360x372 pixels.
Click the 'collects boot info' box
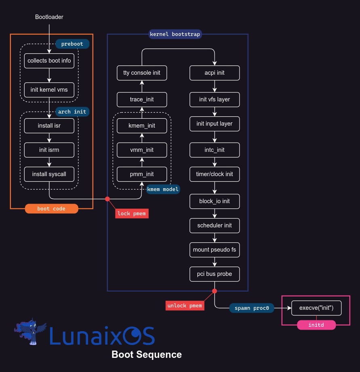tap(49, 61)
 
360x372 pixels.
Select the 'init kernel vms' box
tap(49, 90)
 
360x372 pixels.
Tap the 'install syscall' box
tap(49, 174)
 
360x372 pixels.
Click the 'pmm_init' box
tap(142, 174)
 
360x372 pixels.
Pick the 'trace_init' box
tap(142, 99)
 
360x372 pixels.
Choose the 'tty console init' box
tap(142, 73)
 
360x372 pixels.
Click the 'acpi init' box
tap(215, 73)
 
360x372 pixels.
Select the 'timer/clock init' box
tap(215, 174)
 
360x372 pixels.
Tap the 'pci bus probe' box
tap(215, 274)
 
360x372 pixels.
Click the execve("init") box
tap(316, 308)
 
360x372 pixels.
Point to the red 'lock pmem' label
tap(132, 213)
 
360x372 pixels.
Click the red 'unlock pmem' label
tap(185, 305)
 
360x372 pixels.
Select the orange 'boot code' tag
tap(51, 209)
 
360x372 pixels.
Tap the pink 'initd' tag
tap(316, 325)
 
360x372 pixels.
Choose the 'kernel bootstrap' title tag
tap(175, 34)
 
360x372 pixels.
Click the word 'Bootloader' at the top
tap(49, 17)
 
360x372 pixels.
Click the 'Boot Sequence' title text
tap(147, 355)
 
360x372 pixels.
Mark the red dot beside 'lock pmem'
tap(107, 199)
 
